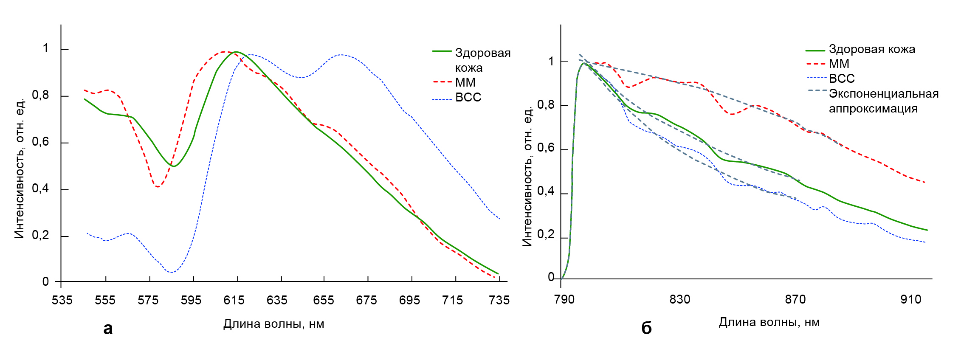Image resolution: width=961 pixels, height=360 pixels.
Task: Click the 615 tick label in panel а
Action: pos(234,301)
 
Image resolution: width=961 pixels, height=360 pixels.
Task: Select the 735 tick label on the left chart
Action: pos(499,301)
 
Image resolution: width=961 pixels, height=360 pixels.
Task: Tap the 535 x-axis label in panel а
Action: pos(62,301)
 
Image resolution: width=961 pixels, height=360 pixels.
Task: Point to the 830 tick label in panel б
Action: pos(680,299)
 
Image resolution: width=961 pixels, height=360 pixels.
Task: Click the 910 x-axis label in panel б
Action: pos(911,299)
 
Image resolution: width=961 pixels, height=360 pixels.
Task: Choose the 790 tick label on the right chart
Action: pos(564,299)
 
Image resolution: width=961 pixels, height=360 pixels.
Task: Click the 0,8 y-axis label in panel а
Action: pos(41,95)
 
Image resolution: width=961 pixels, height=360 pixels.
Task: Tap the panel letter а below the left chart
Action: pos(108,328)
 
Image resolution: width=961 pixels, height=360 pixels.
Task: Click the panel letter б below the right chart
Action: pos(646,328)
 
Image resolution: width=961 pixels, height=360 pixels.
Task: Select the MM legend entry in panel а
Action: pos(465,82)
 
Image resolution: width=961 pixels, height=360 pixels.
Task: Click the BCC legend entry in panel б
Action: pos(842,79)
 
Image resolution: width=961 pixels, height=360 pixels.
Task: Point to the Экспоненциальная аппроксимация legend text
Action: pos(883,101)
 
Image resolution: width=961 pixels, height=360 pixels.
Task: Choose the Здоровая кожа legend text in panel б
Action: pos(872,49)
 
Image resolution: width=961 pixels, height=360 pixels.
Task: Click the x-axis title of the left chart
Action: pos(273,324)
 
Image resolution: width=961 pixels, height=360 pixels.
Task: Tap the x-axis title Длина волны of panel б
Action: pos(769,322)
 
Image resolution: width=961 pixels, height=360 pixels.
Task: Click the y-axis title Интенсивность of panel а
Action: pos(20,169)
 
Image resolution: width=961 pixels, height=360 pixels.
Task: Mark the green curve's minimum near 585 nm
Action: pos(173,166)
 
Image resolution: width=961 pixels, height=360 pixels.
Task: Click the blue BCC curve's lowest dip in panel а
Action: pos(171,272)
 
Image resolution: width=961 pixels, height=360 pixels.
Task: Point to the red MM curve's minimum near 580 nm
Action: pos(158,187)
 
